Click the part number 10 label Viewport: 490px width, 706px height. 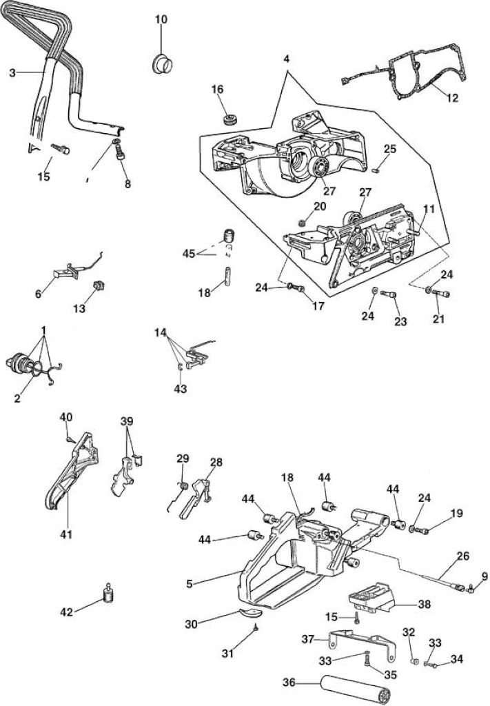(x=161, y=19)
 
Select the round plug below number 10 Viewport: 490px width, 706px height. (x=161, y=63)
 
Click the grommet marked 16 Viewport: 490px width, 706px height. (x=230, y=120)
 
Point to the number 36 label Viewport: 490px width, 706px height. (x=289, y=683)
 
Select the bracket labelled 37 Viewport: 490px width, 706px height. (x=363, y=645)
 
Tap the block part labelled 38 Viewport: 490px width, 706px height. (x=371, y=598)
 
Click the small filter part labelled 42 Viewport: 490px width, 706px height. (x=108, y=593)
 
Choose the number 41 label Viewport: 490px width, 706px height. (x=67, y=534)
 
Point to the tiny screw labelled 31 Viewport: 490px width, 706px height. (x=255, y=627)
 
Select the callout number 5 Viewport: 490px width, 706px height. (x=189, y=583)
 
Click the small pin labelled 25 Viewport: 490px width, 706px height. (x=378, y=170)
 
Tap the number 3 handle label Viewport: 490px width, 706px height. (x=12, y=72)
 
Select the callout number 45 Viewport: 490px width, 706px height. (x=189, y=254)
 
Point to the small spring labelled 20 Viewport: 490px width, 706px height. (x=303, y=222)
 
